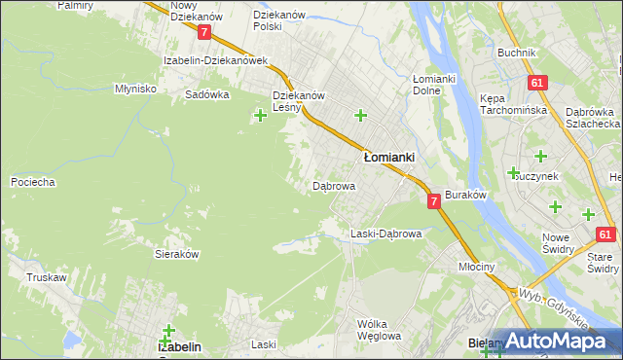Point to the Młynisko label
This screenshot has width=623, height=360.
click(135, 89)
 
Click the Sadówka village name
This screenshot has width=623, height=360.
click(206, 95)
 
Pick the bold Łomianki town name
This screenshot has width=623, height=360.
click(389, 157)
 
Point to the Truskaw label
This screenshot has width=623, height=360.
click(47, 277)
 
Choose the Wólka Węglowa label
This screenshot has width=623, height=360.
click(379, 330)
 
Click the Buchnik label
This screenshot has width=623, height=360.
click(516, 53)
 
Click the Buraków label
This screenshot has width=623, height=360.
click(465, 196)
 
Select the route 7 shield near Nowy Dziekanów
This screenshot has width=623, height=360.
click(203, 32)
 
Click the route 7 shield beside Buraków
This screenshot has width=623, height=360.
click(434, 200)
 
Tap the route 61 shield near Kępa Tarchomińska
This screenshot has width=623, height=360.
click(536, 84)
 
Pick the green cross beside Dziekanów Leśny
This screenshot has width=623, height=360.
click(260, 117)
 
